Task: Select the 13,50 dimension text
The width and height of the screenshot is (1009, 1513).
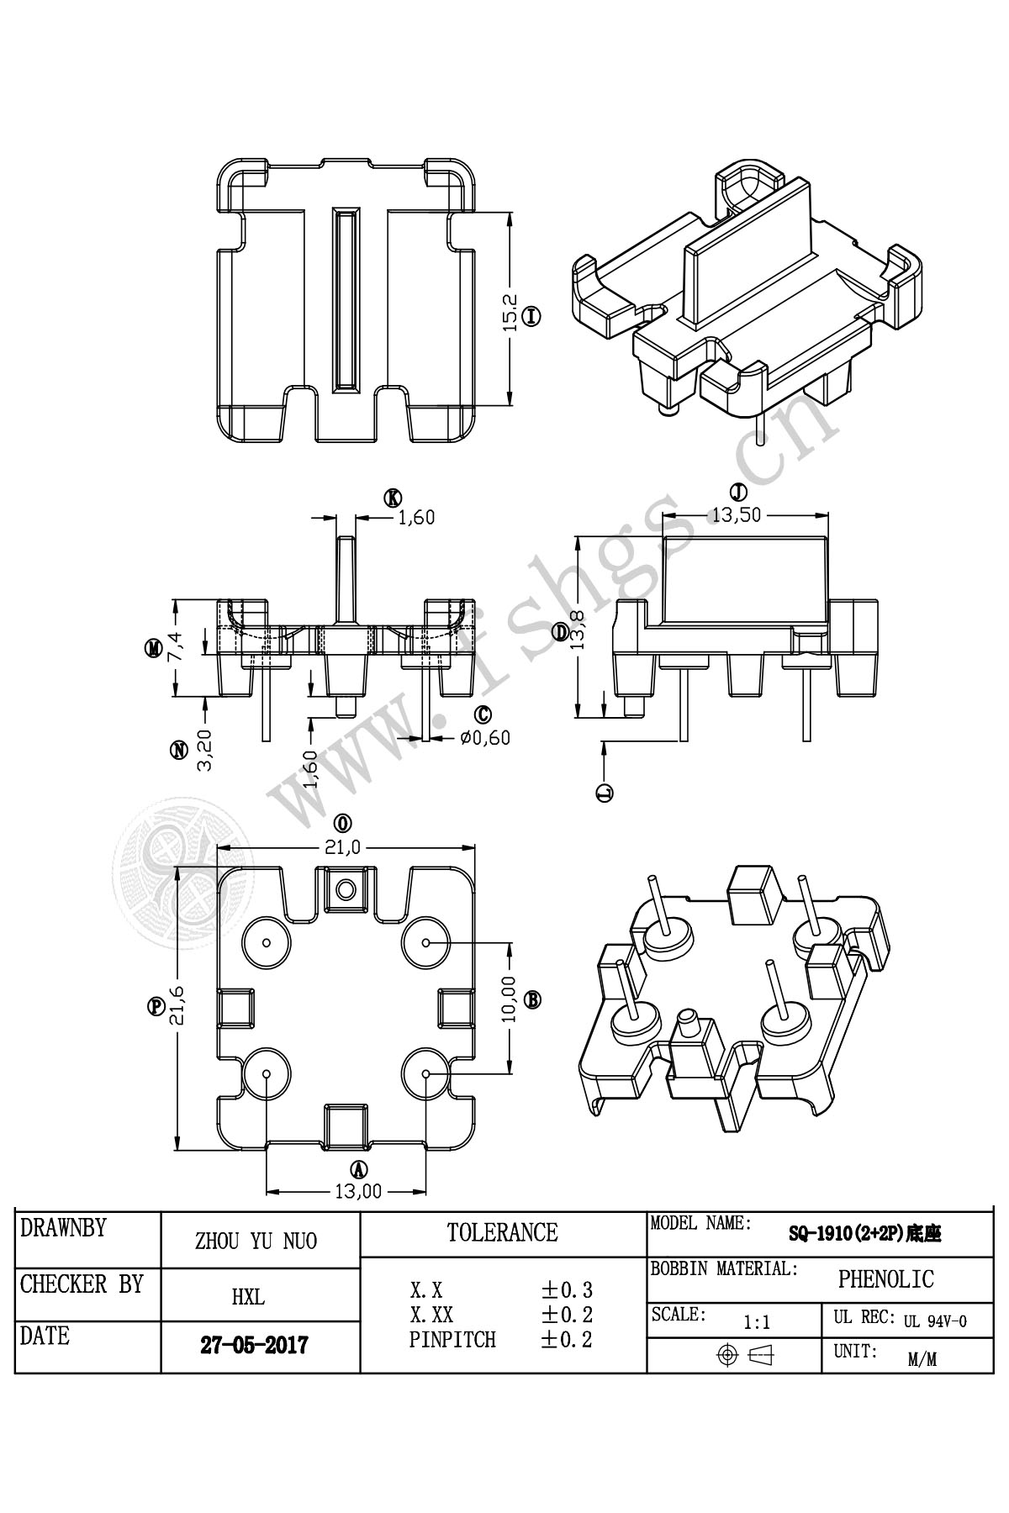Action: (737, 515)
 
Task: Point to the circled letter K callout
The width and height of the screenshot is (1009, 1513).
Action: (392, 498)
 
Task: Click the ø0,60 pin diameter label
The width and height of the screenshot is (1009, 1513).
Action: (485, 738)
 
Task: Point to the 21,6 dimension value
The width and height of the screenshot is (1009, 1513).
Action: (177, 1006)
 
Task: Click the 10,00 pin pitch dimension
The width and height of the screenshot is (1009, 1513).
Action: (509, 999)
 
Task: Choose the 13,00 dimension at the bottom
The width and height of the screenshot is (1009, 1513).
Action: (358, 1191)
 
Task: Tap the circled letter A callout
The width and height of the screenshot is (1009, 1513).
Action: (359, 1169)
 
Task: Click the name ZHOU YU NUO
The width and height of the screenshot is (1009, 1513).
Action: (256, 1241)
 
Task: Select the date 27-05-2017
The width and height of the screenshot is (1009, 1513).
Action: (254, 1345)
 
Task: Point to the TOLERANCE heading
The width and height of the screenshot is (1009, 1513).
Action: (503, 1232)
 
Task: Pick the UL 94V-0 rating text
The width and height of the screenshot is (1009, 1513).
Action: (935, 1321)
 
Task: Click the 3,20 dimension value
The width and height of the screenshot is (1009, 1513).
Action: (203, 750)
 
